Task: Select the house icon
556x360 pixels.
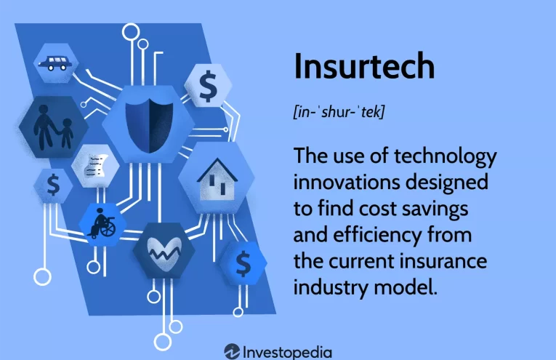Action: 216,180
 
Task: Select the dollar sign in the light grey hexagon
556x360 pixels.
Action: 209,87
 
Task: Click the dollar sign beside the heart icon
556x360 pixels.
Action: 243,260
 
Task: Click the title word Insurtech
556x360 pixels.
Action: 364,67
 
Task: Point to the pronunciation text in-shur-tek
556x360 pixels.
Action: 338,113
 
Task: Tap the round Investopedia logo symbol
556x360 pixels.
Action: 233,351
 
